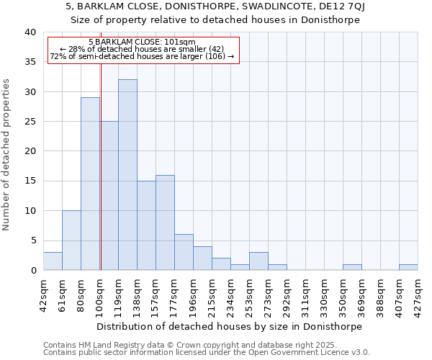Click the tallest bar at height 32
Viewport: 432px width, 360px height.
pyautogui.click(x=127, y=175)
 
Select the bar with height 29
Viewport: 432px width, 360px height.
pyautogui.click(x=90, y=184)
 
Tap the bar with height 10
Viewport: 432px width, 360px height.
pyautogui.click(x=71, y=240)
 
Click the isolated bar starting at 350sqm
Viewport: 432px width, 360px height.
pyautogui.click(x=352, y=267)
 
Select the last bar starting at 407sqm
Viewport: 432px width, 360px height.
pyautogui.click(x=408, y=267)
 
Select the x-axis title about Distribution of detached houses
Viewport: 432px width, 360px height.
pyautogui.click(x=229, y=326)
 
